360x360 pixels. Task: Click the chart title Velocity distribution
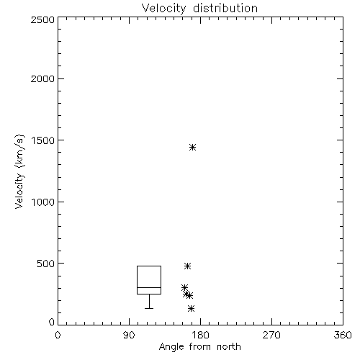tap(199, 8)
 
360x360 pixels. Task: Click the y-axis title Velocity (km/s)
tap(19, 171)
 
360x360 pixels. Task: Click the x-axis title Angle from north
tap(199, 347)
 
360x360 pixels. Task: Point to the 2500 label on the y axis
tap(42, 19)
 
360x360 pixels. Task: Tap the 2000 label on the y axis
tap(42, 78)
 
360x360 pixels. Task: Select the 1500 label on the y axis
tap(43, 140)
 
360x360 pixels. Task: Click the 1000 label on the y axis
tap(43, 202)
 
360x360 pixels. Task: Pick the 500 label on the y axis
tap(46, 264)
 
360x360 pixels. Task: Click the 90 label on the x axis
tap(129, 335)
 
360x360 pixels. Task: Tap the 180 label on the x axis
tap(200, 335)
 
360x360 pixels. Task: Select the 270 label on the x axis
tap(271, 335)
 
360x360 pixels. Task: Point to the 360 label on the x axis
tap(343, 335)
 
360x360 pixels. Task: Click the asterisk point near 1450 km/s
tap(192, 147)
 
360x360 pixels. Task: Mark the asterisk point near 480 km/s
tap(187, 266)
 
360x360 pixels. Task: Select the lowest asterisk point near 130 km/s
tap(191, 308)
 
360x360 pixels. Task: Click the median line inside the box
tap(149, 287)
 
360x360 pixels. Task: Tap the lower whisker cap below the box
tap(149, 308)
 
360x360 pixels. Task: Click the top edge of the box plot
tap(149, 266)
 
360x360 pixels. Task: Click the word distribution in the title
tap(225, 8)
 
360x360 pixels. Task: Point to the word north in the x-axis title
tap(229, 347)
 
